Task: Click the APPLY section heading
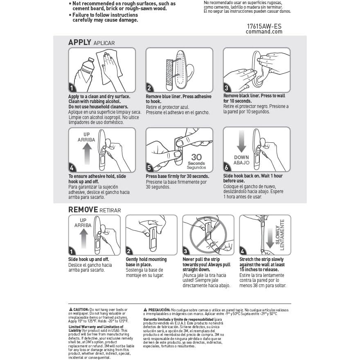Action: tap(79, 42)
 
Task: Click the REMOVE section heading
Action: tap(83, 209)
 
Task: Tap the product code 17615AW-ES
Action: tap(264, 26)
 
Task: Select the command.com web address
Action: tap(264, 32)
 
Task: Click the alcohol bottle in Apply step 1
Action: tap(86, 69)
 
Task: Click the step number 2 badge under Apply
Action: tap(150, 88)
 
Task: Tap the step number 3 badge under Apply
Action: tap(227, 88)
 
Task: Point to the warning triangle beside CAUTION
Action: tap(71, 309)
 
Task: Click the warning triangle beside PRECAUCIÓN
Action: tap(145, 309)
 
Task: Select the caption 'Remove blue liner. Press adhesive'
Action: tap(179, 97)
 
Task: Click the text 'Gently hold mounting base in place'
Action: tap(146, 262)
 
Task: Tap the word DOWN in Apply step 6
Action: tap(241, 157)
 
